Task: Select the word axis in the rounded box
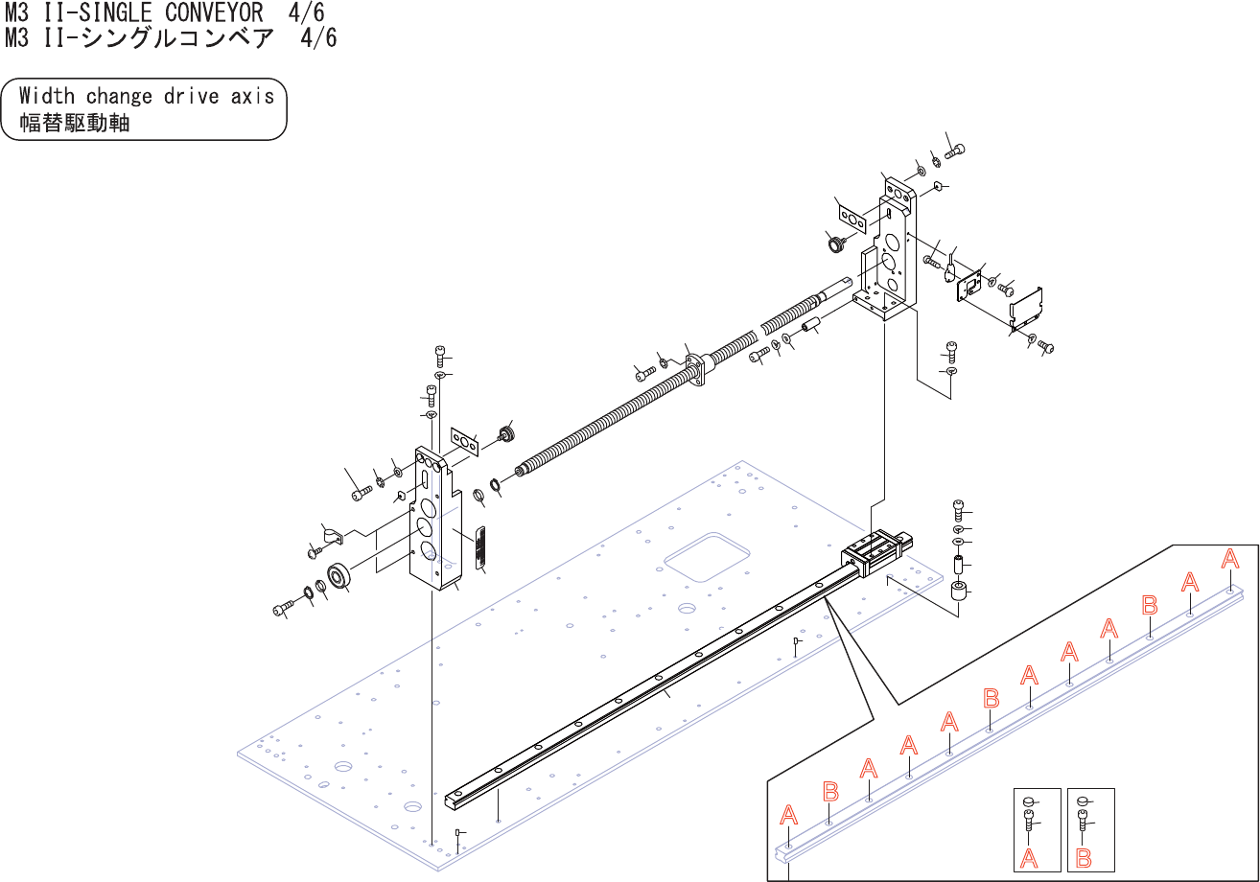tap(252, 96)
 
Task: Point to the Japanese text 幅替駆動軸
tap(74, 123)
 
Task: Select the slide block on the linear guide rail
tap(873, 554)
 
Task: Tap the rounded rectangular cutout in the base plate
tap(707, 557)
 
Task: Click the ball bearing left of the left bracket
tap(338, 577)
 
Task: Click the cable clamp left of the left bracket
tap(332, 537)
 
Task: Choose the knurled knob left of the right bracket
tap(835, 244)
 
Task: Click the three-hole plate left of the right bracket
tap(851, 219)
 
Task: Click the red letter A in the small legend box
tap(1030, 858)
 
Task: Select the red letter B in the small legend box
tap(1084, 858)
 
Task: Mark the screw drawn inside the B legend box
tap(1084, 821)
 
